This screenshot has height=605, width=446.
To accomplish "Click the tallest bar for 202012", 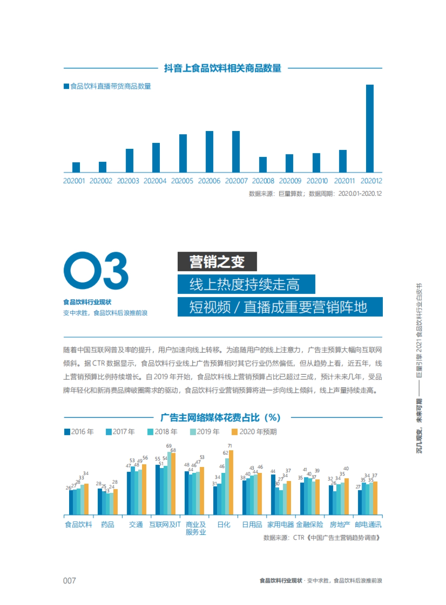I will (x=369, y=128).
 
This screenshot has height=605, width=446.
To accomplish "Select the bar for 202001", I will (x=76, y=167).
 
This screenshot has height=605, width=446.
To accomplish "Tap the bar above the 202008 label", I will (x=263, y=165).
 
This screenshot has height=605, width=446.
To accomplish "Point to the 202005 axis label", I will (x=182, y=181).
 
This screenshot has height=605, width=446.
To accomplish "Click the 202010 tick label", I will (x=317, y=181).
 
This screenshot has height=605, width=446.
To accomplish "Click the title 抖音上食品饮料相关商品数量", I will (x=223, y=68).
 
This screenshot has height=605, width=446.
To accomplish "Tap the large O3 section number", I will (x=96, y=271).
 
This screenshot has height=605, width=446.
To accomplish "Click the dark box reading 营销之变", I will (x=217, y=262).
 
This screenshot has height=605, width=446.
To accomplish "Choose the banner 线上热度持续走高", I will (x=246, y=284).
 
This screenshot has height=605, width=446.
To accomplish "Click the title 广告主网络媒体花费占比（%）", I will (x=221, y=418).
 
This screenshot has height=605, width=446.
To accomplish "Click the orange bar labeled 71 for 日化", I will (x=231, y=482).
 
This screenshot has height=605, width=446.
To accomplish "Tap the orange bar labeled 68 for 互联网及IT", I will (x=173, y=484).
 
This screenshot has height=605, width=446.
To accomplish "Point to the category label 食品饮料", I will (x=78, y=524).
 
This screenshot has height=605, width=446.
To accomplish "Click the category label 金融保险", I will (x=310, y=524).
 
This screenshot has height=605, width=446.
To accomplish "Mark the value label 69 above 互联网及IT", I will (x=169, y=446).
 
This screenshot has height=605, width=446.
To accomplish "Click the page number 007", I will (x=70, y=581).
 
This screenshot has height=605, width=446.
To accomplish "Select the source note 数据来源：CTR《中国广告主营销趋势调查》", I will (x=322, y=537).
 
